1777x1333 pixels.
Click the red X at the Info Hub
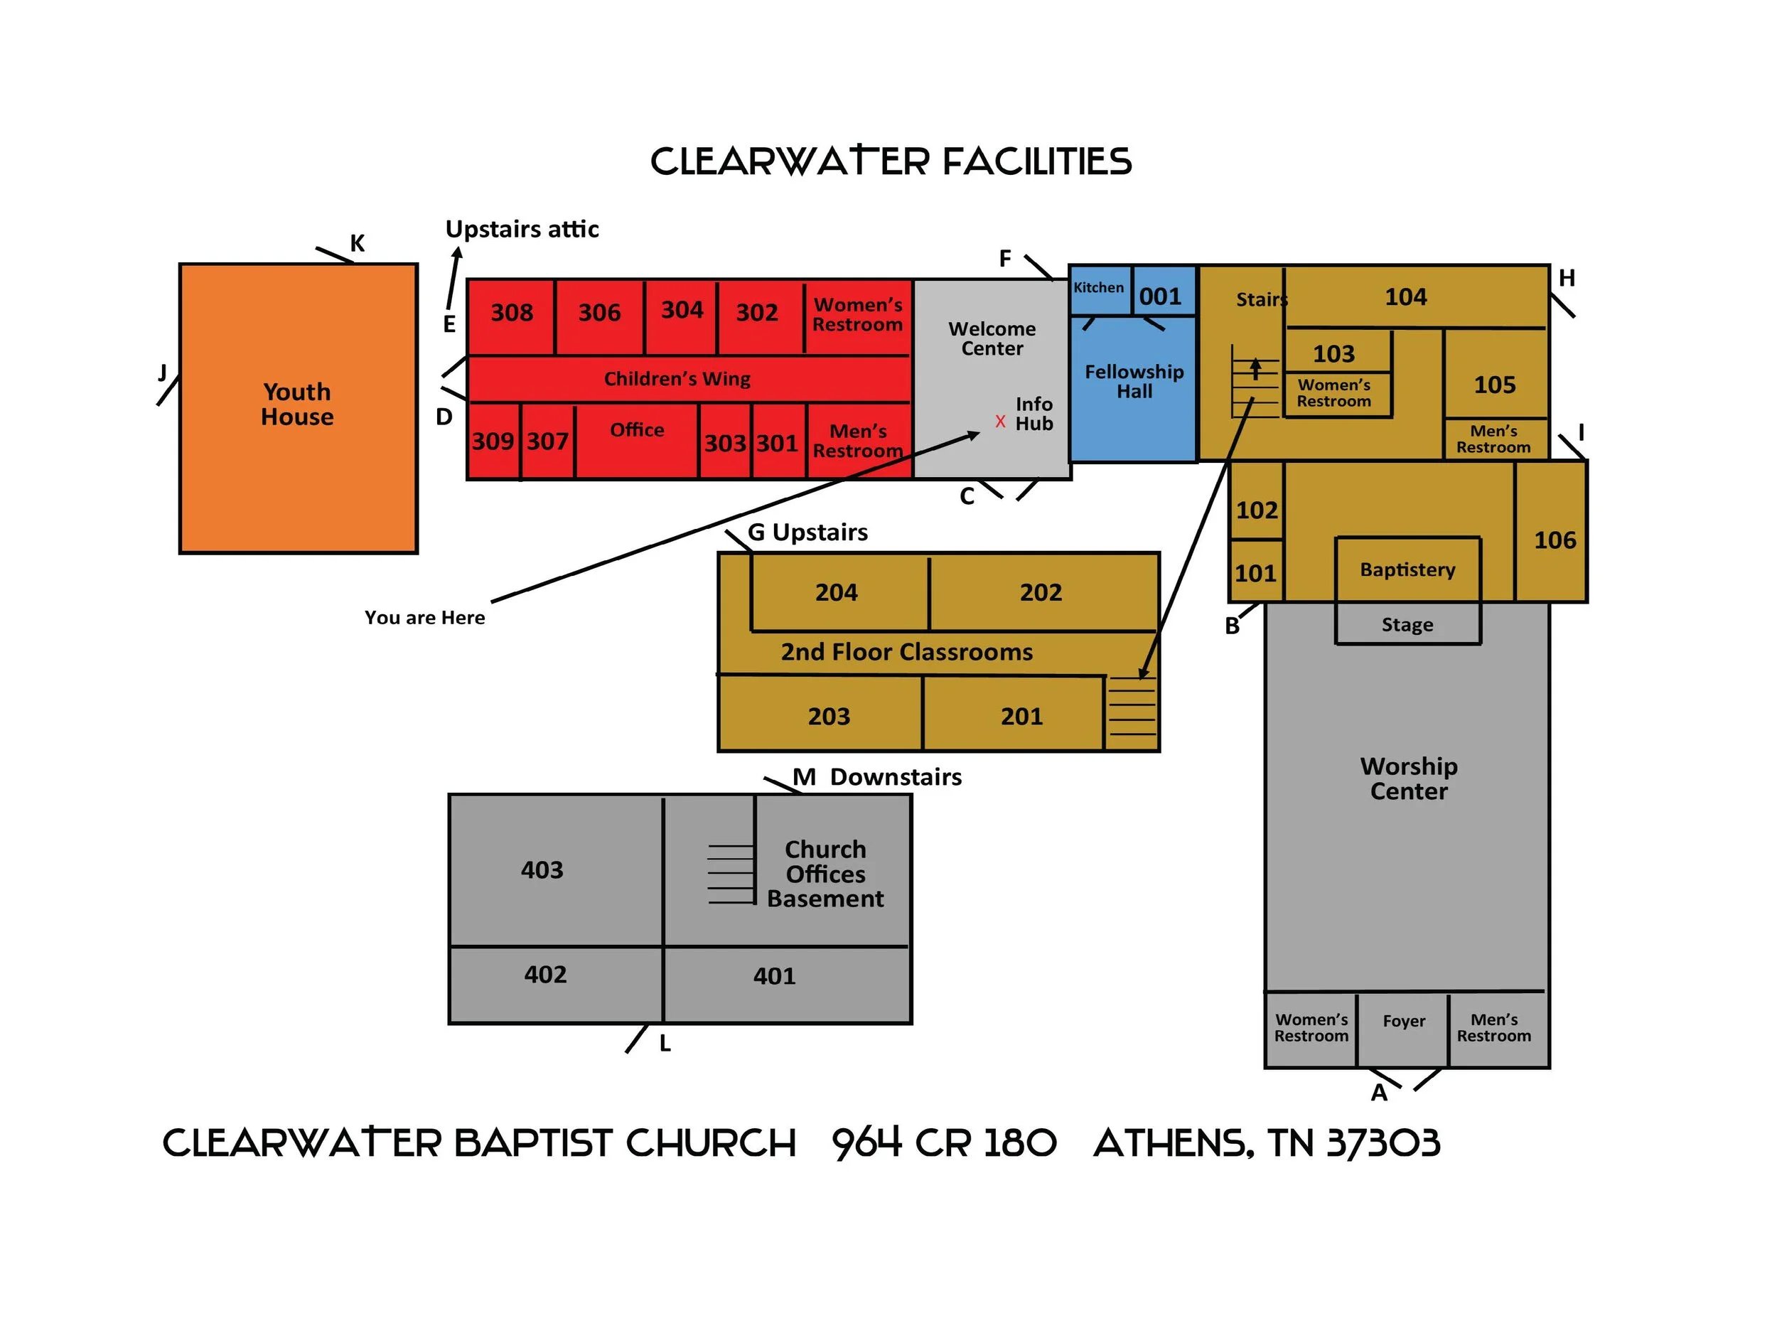pyautogui.click(x=1000, y=421)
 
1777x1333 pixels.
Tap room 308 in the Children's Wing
pyautogui.click(x=512, y=313)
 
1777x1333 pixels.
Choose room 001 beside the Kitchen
pyautogui.click(x=1161, y=296)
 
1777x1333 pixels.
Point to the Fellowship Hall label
pyautogui.click(x=1134, y=382)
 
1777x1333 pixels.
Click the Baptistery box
pyautogui.click(x=1407, y=569)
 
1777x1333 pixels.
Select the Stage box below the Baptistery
pyautogui.click(x=1407, y=624)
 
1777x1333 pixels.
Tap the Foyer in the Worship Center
pyautogui.click(x=1403, y=1021)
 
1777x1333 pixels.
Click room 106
pyautogui.click(x=1555, y=540)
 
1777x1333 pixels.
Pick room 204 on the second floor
pyautogui.click(x=837, y=592)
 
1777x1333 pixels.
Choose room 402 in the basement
pyautogui.click(x=545, y=975)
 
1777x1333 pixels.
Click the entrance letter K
pyautogui.click(x=358, y=242)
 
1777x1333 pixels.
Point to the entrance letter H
pyautogui.click(x=1567, y=278)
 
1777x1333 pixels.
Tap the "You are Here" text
pyautogui.click(x=424, y=617)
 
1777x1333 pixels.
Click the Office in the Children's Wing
pyautogui.click(x=637, y=430)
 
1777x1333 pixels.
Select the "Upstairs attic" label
pyautogui.click(x=522, y=229)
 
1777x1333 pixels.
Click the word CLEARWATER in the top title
pyautogui.click(x=790, y=161)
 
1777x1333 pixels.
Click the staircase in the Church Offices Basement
pyautogui.click(x=731, y=874)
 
